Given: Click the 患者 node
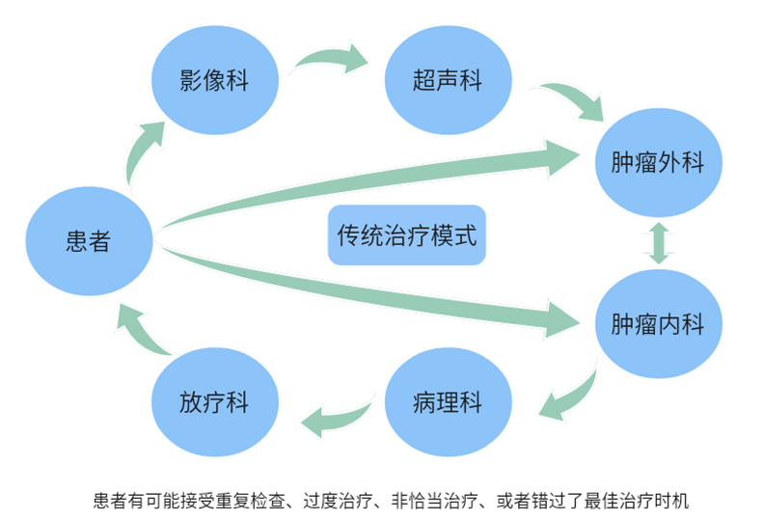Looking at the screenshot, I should [88, 240].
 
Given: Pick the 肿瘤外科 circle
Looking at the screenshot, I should [658, 161].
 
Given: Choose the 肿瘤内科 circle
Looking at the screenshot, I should [658, 324].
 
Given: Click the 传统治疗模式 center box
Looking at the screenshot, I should [407, 234].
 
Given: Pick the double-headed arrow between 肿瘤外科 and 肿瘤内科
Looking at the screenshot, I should [660, 243].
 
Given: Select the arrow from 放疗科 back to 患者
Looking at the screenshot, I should [145, 333].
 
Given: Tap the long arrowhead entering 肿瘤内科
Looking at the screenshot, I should [563, 319].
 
